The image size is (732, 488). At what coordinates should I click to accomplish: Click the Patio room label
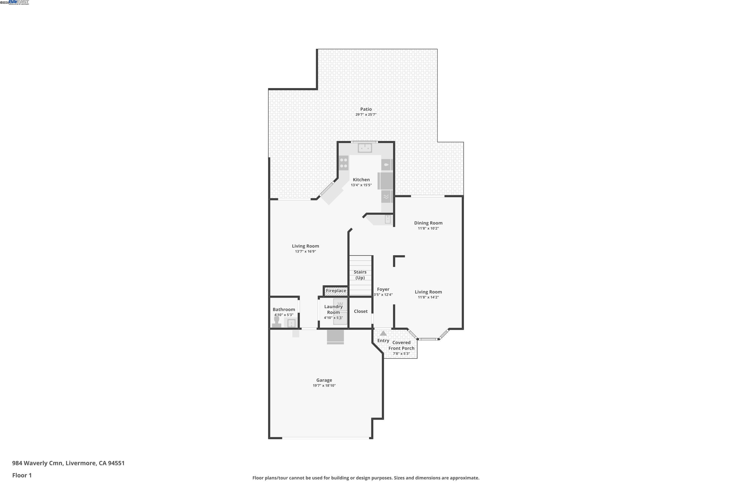coord(366,109)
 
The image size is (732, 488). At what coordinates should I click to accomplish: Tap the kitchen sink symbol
coord(365,148)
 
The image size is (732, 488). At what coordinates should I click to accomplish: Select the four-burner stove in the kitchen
coord(344,163)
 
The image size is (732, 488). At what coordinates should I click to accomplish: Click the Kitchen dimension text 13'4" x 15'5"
coord(361,185)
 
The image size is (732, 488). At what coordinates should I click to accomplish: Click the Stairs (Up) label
coord(360,275)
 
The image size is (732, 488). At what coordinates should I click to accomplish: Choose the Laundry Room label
coord(333,309)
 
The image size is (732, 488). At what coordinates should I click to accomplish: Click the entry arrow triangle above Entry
coord(383,333)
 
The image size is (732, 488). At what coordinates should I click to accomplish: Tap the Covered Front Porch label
coord(401,345)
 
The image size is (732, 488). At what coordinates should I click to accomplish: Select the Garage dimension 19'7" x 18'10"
coord(324,386)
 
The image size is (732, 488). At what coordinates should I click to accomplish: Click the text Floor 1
coord(22,475)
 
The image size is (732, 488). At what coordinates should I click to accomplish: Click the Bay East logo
coord(19,2)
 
